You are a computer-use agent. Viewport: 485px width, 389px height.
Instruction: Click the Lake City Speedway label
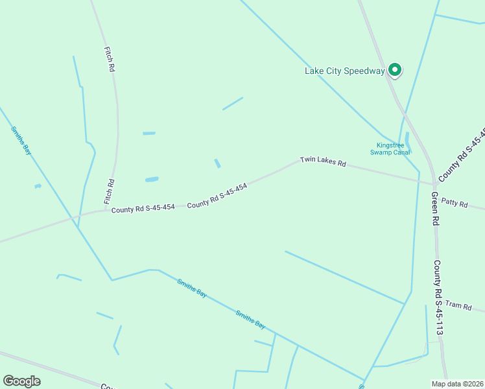pos(344,71)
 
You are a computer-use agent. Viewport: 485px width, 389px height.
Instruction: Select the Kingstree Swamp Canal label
pos(390,149)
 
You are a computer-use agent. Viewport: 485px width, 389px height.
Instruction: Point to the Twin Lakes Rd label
pos(323,161)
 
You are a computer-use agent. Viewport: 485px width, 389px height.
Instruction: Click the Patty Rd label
pos(454,203)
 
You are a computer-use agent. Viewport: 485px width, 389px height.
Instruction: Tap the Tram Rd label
pos(458,305)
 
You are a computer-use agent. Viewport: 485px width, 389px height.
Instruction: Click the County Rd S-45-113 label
pos(439,298)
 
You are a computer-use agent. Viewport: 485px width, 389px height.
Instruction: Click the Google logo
pos(21,381)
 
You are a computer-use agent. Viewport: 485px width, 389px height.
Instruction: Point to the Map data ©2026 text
pos(456,383)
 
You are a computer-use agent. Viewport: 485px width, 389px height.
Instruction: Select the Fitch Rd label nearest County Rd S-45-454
pos(110,192)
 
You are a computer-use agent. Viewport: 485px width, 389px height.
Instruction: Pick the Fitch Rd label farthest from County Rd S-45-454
pos(109,58)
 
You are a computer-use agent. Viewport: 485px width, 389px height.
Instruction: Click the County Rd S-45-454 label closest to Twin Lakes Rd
pos(217,195)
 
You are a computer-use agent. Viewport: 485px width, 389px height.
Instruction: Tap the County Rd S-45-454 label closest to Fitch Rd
pos(143,209)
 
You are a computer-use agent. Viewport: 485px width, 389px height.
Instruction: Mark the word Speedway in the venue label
pos(365,71)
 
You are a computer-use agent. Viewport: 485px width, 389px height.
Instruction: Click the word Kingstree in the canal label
pos(390,145)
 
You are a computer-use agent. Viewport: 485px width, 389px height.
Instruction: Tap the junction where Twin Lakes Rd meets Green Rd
pos(434,184)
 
